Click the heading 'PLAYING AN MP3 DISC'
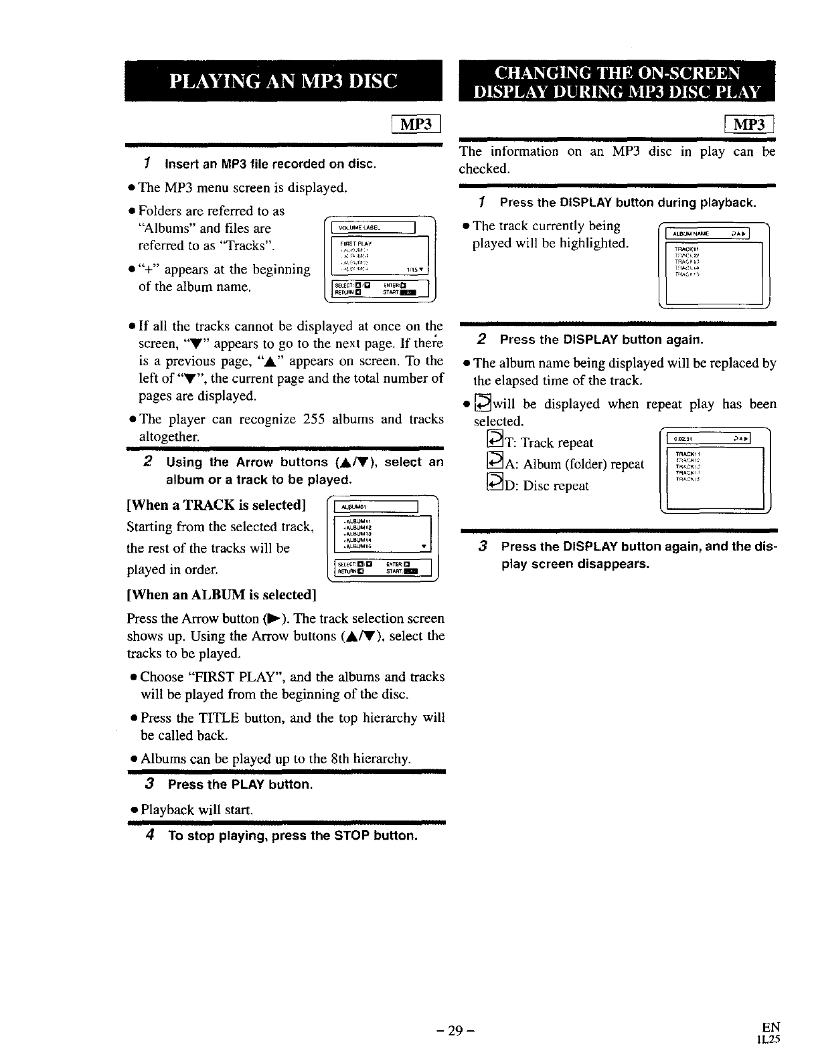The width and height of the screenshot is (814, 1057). [x=284, y=81]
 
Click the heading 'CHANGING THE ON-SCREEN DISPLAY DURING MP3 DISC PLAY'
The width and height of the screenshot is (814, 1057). [x=617, y=81]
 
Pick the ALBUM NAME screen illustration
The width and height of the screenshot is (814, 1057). [x=714, y=264]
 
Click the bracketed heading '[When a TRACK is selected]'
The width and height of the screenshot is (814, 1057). [x=216, y=505]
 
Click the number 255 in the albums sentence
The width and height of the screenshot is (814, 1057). [x=314, y=419]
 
